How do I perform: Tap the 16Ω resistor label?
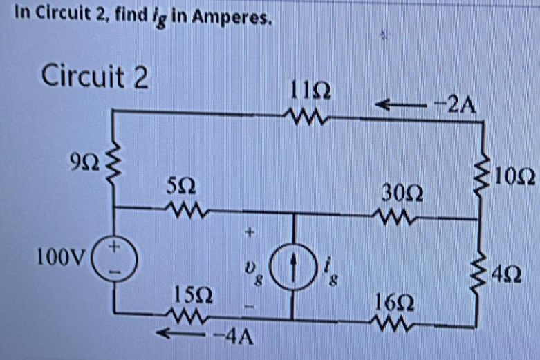coord(392,302)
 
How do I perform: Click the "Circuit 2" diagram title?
coord(95,76)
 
